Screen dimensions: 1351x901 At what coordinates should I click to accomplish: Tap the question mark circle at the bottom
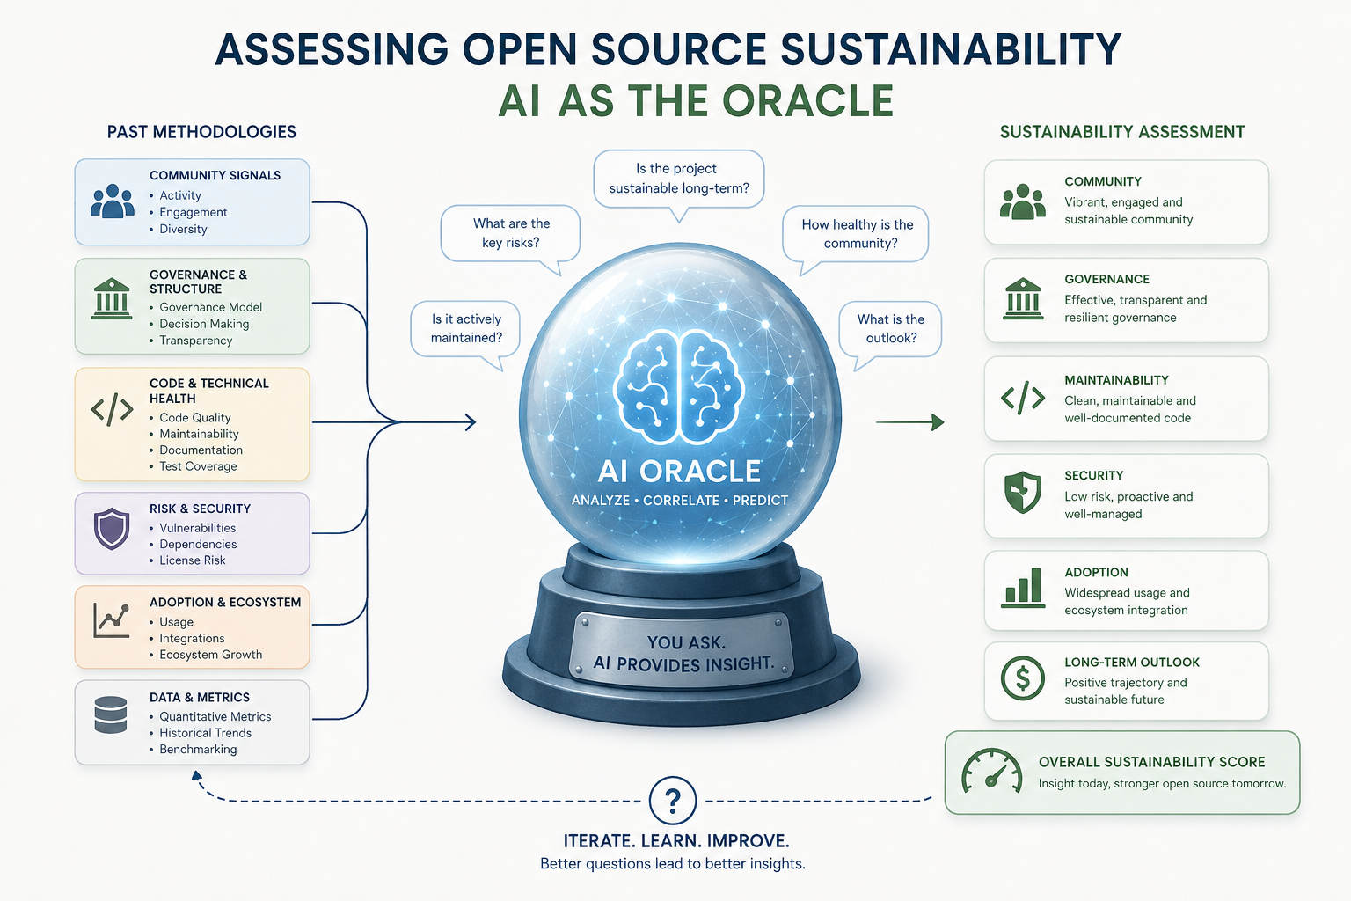pos(673,800)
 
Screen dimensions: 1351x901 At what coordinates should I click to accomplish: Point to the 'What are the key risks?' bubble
pos(511,234)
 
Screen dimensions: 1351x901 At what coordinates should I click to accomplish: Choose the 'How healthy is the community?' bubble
pos(855,235)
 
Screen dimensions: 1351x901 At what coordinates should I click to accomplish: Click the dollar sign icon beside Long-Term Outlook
pos(1022,678)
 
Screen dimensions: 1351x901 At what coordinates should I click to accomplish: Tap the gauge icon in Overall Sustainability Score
pos(991,772)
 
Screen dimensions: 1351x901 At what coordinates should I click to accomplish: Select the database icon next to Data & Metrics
pos(111,715)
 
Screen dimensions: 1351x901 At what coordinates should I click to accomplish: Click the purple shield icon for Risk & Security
pos(112,529)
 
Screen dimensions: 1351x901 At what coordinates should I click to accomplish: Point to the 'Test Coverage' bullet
pos(198,466)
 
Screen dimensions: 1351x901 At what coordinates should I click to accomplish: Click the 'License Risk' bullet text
pos(193,560)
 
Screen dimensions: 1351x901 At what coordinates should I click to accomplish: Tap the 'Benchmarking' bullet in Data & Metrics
pos(198,749)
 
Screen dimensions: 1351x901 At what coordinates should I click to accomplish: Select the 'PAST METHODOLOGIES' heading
pos(201,132)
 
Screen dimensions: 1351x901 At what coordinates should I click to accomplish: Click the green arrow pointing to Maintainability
pos(909,422)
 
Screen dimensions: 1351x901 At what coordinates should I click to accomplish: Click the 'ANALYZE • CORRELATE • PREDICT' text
pos(680,501)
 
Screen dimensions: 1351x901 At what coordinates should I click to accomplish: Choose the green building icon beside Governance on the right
pos(1023,299)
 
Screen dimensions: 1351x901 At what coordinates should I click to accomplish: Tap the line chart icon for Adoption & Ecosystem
pos(112,620)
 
